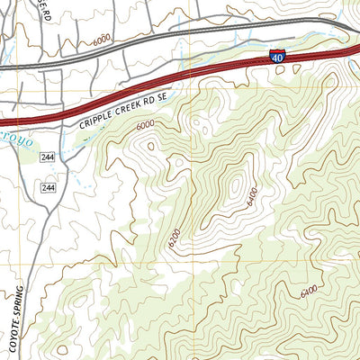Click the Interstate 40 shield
tap(278, 58)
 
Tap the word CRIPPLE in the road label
tap(98, 117)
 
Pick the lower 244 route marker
tap(48, 186)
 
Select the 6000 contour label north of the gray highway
tap(102, 41)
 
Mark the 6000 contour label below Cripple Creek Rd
tap(145, 127)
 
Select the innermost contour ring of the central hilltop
tap(236, 184)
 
